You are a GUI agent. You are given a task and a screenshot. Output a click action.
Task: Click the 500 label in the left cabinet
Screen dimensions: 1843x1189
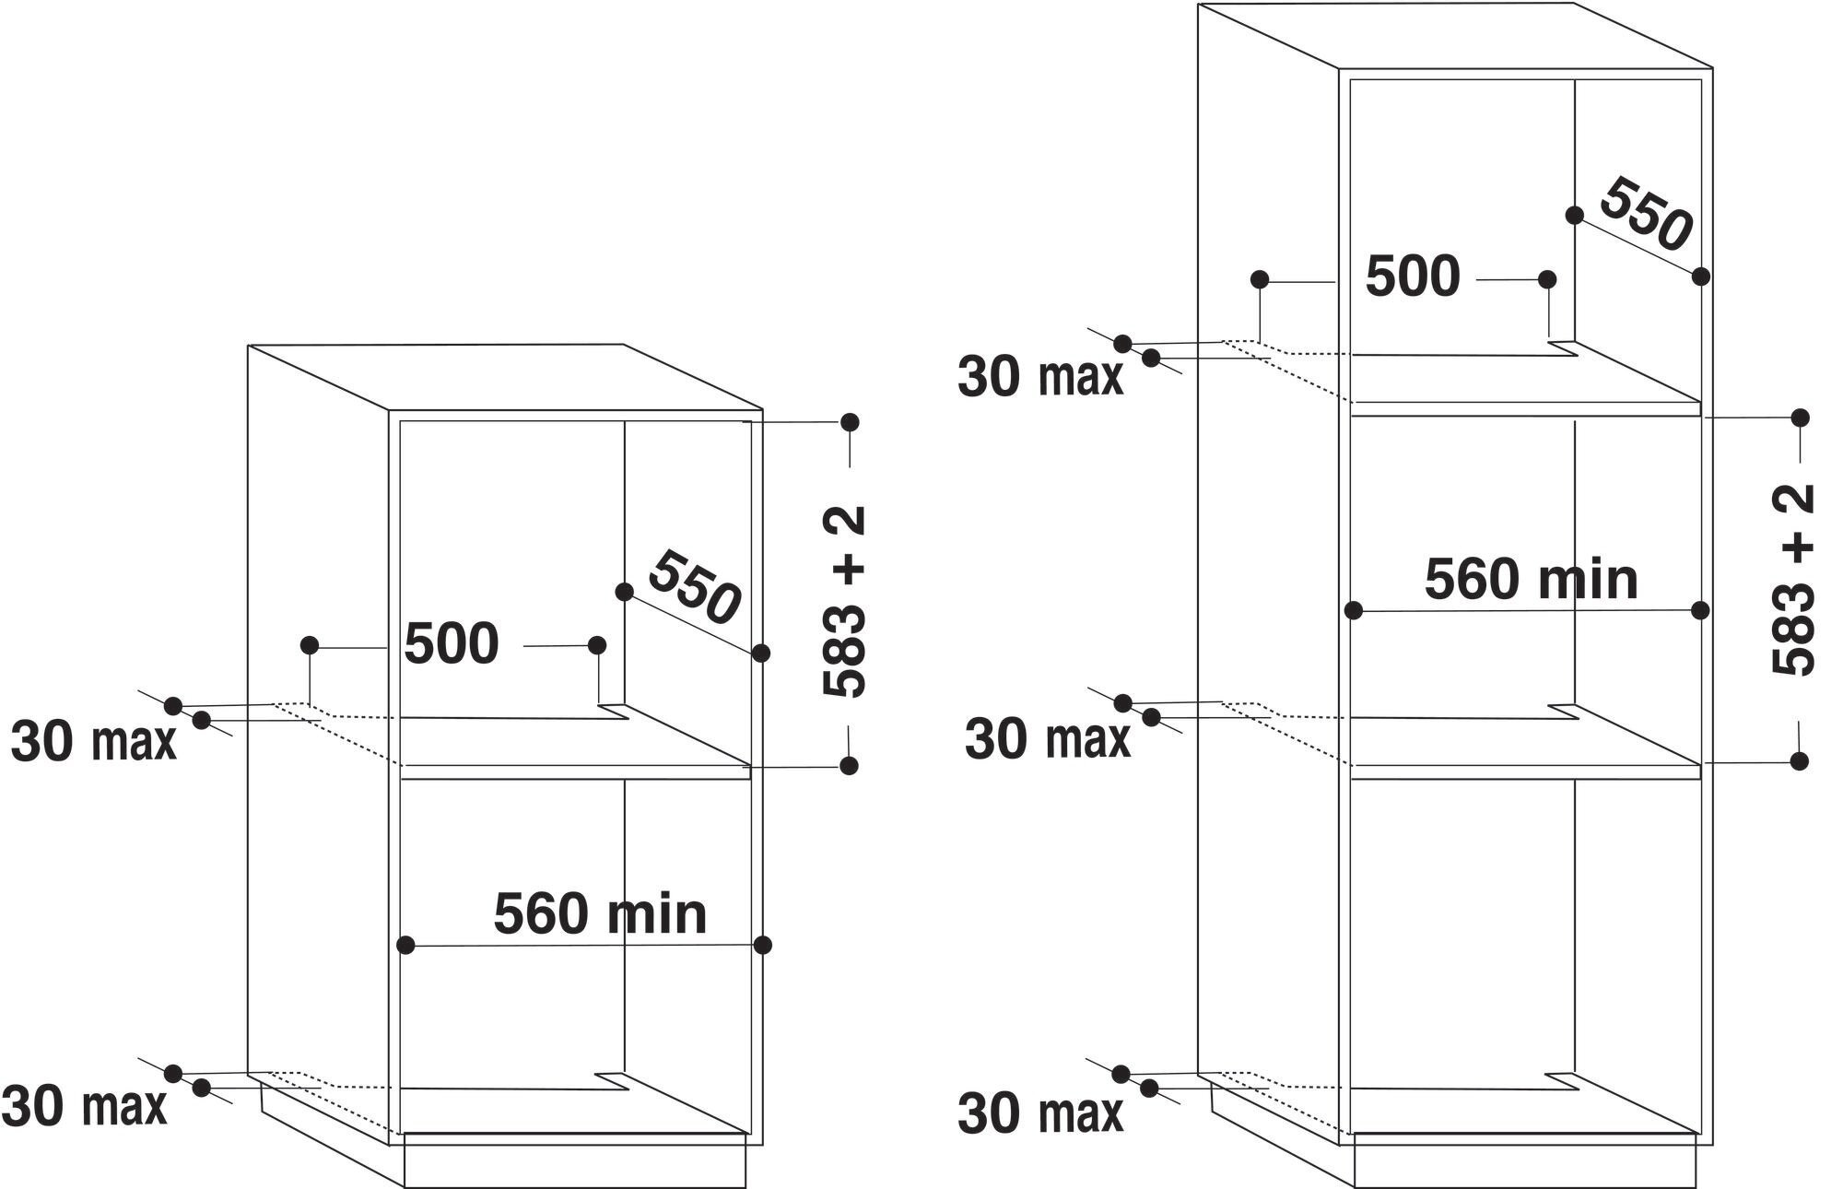point(452,643)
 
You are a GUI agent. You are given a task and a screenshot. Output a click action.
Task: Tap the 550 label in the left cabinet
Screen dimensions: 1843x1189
point(694,588)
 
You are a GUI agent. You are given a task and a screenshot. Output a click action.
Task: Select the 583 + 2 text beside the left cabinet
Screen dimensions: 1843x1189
point(843,601)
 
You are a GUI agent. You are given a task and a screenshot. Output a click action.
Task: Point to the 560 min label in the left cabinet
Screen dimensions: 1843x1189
point(600,913)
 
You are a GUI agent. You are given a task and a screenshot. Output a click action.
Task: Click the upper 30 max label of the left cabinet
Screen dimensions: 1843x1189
point(93,741)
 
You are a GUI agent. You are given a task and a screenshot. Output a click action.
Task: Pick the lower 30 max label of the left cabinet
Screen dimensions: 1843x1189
point(85,1105)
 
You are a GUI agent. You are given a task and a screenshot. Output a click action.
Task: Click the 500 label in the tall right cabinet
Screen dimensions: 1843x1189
point(1413,277)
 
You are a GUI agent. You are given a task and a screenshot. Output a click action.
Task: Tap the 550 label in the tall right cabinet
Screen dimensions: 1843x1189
point(1646,214)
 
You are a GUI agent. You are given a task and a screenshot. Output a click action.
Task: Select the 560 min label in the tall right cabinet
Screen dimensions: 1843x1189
point(1532,579)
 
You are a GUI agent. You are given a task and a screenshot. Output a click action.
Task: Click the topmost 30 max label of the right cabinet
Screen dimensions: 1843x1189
point(1040,377)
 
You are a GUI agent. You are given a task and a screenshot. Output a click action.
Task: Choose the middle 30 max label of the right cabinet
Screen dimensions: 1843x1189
point(1048,739)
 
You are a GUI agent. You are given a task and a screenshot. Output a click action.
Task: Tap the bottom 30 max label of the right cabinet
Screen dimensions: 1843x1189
point(1040,1113)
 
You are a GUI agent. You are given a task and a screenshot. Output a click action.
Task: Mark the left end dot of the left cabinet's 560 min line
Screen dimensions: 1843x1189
point(405,945)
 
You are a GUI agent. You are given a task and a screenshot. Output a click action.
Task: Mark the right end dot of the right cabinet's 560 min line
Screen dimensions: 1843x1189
point(1701,610)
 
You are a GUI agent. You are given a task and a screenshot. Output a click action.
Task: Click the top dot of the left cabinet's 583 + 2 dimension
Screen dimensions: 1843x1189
point(850,422)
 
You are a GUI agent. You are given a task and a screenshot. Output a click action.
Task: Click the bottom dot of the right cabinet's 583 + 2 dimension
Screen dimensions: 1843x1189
point(1800,760)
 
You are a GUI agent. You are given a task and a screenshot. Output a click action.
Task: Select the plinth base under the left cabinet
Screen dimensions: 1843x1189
point(574,1161)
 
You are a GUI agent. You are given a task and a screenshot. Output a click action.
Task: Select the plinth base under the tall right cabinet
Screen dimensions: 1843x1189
point(1525,1161)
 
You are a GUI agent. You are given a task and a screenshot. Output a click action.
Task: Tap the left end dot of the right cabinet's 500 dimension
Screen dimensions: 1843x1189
point(1261,279)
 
